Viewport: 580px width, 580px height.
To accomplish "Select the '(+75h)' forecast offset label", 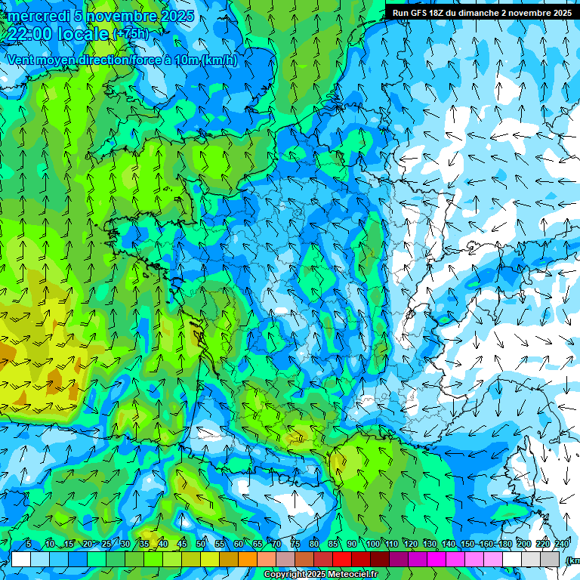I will (131, 34).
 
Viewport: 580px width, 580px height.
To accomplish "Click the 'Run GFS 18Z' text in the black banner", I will (418, 13).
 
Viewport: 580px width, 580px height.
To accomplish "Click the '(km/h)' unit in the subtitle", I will (220, 60).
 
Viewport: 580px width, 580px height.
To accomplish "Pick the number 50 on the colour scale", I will (201, 545).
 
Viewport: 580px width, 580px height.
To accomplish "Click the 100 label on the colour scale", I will (373, 545).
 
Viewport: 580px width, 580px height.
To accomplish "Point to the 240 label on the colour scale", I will (562, 545).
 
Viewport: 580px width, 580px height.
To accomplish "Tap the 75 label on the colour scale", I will (295, 545).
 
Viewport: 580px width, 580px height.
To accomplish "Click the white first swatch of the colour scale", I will (21, 559).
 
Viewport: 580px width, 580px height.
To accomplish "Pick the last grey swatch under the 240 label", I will (551, 559).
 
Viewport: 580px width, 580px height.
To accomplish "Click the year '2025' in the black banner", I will (560, 13).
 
